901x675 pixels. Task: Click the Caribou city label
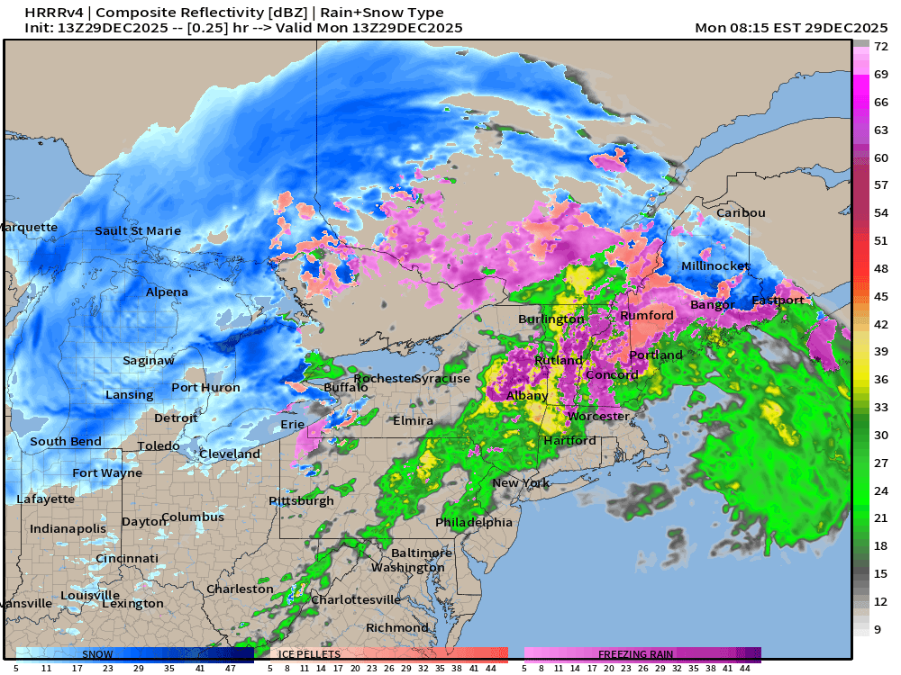[741, 212]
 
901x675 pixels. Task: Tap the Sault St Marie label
[138, 230]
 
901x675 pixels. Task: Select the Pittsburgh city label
[301, 500]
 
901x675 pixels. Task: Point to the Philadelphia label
[473, 522]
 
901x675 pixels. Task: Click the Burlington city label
[551, 319]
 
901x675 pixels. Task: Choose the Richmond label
[396, 627]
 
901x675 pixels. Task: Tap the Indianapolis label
[68, 528]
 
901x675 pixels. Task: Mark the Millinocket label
[714, 266]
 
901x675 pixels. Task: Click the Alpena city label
[167, 292]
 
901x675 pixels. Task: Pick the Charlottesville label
[355, 598]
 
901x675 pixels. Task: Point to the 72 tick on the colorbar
[882, 46]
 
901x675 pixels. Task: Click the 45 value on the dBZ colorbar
[882, 296]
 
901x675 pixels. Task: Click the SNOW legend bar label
[97, 654]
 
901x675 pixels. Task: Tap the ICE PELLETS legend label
[309, 654]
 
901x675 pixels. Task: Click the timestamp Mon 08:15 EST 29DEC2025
[793, 28]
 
